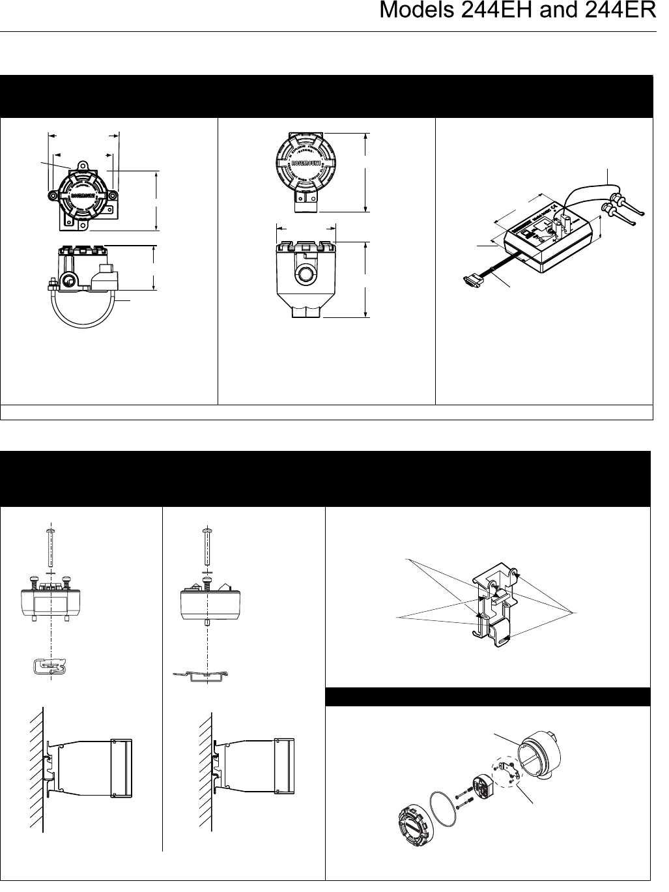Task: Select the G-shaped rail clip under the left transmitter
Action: point(50,667)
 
